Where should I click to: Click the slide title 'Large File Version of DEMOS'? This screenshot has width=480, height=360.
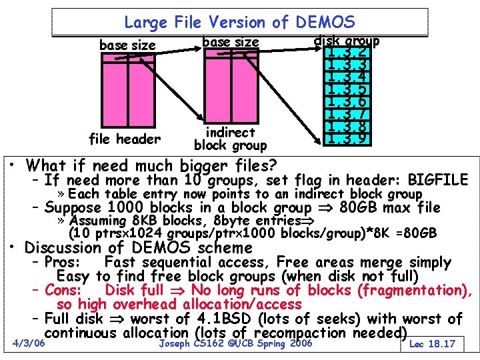(239, 23)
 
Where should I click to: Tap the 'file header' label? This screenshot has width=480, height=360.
(125, 139)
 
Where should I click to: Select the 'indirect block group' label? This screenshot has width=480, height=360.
(230, 139)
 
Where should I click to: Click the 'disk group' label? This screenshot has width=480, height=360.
(346, 41)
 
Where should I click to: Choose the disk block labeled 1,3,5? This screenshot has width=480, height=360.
(345, 89)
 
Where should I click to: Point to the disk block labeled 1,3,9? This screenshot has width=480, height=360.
(345, 139)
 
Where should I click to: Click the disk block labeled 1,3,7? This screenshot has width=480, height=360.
(345, 114)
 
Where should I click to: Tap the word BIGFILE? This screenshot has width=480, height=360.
(438, 180)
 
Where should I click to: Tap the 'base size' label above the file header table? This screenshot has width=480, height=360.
(127, 45)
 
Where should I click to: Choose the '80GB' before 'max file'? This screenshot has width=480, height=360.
(361, 207)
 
